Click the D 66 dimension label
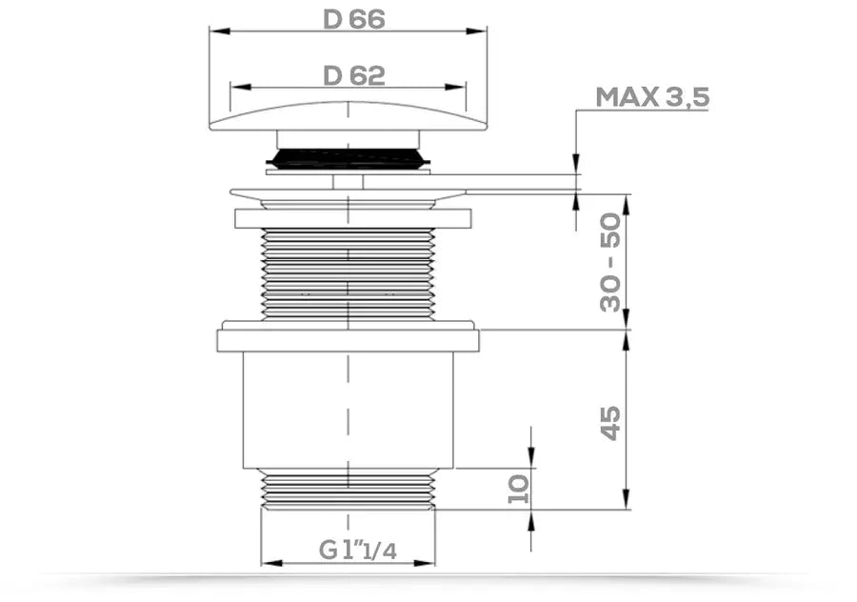coord(354,20)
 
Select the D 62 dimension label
coord(354,75)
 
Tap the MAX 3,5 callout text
coord(652,97)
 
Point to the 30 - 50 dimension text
coord(610,263)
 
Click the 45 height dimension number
coord(610,423)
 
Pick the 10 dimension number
coord(519,489)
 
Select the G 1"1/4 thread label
coord(358,550)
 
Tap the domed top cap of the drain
coord(349,117)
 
